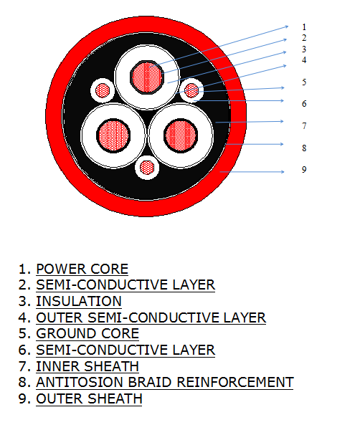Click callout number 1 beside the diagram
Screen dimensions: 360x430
click(x=304, y=27)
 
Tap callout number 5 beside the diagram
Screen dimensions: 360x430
click(x=304, y=82)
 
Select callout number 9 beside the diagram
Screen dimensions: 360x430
click(x=304, y=169)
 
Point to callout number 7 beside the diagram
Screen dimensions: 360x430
click(x=304, y=126)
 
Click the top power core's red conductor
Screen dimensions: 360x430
click(x=147, y=77)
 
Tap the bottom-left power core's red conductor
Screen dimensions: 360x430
click(x=113, y=135)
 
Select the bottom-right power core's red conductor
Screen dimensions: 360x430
click(x=181, y=135)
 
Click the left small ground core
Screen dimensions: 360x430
click(x=103, y=90)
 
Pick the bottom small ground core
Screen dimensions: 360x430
click(x=147, y=168)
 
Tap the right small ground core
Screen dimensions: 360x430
click(x=191, y=90)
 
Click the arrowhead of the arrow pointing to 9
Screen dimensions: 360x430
click(x=283, y=172)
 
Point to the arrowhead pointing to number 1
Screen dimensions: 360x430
click(x=287, y=27)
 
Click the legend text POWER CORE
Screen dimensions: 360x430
click(x=82, y=269)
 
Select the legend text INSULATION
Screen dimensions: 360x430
click(x=79, y=301)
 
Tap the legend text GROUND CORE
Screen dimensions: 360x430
click(x=87, y=333)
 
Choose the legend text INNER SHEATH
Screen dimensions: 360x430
click(x=87, y=366)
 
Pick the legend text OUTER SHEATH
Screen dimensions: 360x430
click(x=89, y=398)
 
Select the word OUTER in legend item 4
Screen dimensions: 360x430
click(x=60, y=317)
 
